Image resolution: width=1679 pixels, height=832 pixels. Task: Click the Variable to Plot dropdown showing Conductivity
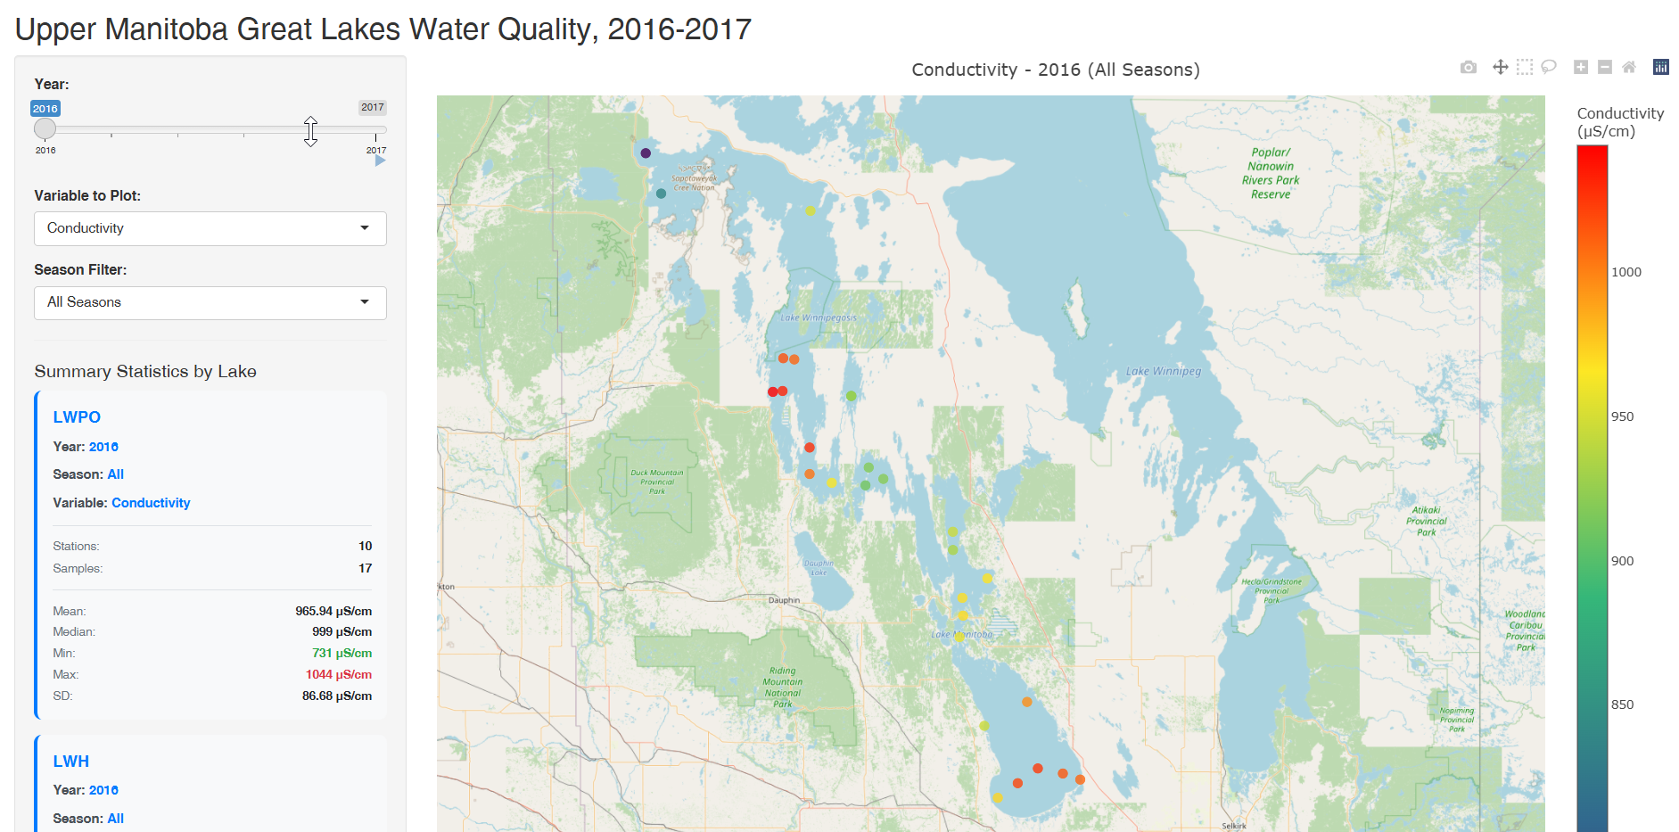210,228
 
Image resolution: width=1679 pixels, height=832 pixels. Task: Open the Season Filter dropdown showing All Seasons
210,302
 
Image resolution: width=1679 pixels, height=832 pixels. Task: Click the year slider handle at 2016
45,128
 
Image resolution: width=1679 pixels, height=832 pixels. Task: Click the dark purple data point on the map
646,153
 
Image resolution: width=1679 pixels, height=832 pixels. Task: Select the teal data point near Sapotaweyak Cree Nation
661,194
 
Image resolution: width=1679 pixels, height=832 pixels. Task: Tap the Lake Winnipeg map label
1163,371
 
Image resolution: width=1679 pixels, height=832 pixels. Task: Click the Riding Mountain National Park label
782,687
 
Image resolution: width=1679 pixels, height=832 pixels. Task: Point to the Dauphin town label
784,600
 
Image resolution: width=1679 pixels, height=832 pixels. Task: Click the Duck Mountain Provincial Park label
657,482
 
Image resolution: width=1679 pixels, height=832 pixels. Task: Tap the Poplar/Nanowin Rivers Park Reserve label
1270,173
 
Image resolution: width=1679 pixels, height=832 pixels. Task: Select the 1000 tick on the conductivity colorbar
1626,272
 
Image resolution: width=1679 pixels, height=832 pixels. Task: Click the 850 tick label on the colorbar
1622,704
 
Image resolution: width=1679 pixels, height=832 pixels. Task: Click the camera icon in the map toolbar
1468,67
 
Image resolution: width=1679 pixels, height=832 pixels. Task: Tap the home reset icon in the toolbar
1628,67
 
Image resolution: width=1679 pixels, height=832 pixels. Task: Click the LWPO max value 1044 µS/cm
338,674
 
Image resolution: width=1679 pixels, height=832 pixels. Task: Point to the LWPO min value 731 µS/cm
342,653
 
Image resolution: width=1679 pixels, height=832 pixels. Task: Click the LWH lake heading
70,762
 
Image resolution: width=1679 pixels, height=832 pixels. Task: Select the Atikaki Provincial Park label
1426,521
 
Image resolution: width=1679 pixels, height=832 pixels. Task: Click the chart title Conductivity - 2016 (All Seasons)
1055,70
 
